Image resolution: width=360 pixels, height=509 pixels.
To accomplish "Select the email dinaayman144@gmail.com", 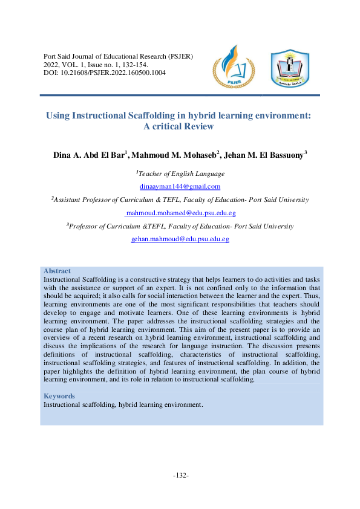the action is pyautogui.click(x=180, y=186).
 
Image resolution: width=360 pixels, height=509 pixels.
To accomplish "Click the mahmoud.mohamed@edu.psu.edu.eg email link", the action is pyautogui.click(x=180, y=213).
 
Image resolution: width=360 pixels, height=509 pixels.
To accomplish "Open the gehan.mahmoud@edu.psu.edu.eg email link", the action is pyautogui.click(x=180, y=239).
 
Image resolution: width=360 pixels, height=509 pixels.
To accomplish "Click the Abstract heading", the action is pyautogui.click(x=57, y=271).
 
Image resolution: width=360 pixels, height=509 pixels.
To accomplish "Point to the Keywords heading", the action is pyautogui.click(x=59, y=397).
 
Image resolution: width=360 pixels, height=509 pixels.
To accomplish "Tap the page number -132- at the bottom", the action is pyautogui.click(x=180, y=476).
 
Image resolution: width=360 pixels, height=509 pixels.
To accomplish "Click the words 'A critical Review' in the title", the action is pyautogui.click(x=180, y=126).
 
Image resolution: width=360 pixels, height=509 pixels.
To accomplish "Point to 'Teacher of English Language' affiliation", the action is pyautogui.click(x=180, y=173).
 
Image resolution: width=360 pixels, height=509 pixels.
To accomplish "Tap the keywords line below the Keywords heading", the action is pyautogui.click(x=123, y=404).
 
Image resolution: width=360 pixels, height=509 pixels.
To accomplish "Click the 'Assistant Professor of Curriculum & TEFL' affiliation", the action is pyautogui.click(x=180, y=199).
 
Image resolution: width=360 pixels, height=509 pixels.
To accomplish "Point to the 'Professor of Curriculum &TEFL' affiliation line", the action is pyautogui.click(x=180, y=226).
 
